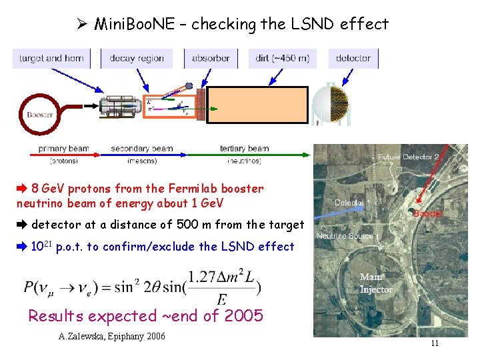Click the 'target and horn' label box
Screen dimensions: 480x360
[52, 58]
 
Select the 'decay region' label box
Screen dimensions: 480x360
[137, 58]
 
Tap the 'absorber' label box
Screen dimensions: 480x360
[211, 58]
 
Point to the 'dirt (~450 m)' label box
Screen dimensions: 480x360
[282, 58]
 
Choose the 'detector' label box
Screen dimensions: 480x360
[353, 58]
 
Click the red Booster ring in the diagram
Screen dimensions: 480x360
[39, 113]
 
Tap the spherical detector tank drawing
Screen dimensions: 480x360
[331, 105]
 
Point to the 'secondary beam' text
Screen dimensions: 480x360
[142, 149]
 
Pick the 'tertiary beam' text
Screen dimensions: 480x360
[245, 149]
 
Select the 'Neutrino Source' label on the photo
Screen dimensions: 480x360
[345, 237]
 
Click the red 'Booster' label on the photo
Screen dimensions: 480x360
[428, 214]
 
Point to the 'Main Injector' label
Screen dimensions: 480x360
[376, 283]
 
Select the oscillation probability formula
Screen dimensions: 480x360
[142, 287]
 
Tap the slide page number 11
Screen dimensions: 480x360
[434, 344]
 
